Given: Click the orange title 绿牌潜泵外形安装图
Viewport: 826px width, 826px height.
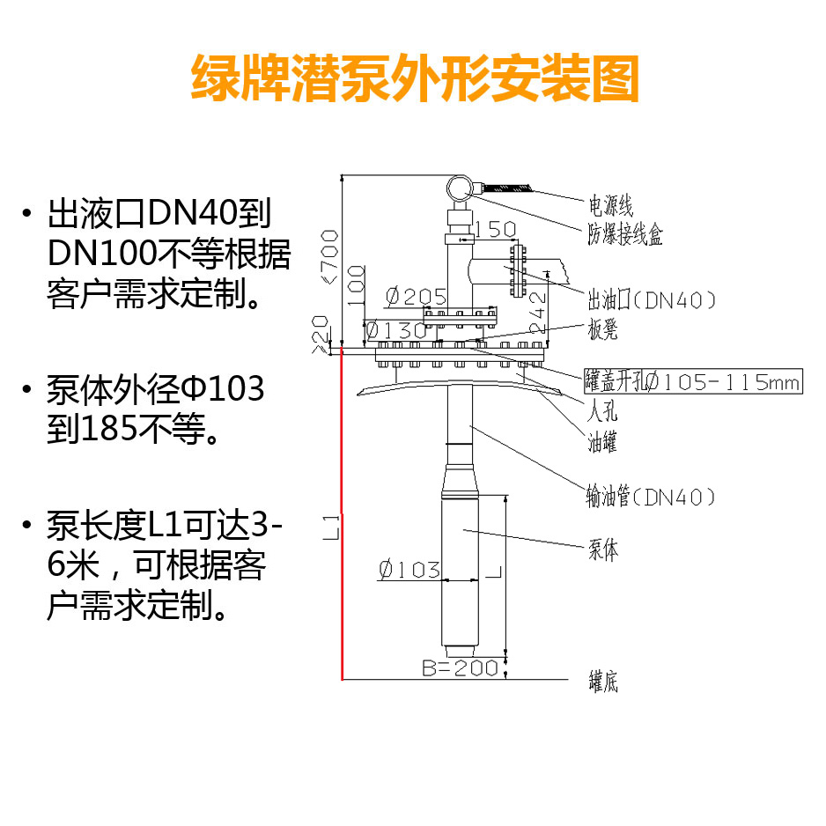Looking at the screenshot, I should coord(414,80).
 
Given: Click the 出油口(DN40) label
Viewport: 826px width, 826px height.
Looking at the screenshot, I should coord(652,300).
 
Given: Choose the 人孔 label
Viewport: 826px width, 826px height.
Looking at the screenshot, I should coord(601,411).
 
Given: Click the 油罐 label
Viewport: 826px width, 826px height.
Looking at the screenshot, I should coord(602,442).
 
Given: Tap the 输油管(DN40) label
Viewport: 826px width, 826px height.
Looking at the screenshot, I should coord(652,497).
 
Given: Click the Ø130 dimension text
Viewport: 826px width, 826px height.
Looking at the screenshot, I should coord(395,330).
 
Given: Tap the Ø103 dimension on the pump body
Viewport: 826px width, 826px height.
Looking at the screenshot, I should coord(409,570).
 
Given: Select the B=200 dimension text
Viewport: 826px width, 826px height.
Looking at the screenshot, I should coord(460,668).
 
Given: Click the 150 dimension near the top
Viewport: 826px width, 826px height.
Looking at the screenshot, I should coord(495,230).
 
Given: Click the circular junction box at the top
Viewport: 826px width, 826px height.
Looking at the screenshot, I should coord(460,188).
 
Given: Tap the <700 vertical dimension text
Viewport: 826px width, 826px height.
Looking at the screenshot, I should coord(329,255).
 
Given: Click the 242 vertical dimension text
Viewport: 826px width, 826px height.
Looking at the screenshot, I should coord(539,308).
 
